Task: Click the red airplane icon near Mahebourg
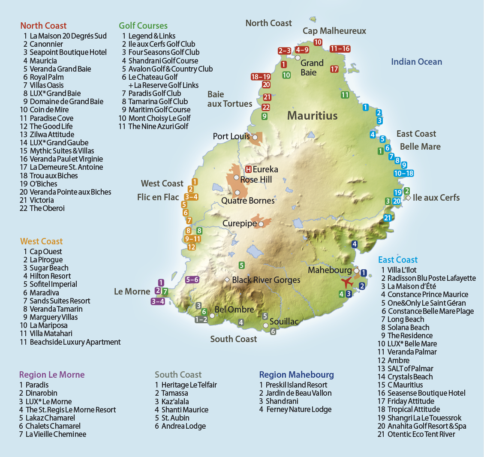(x=347, y=283)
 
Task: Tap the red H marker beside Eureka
(x=248, y=169)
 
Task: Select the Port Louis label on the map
(x=231, y=136)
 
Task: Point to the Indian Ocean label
(x=416, y=62)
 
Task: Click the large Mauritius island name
(x=312, y=116)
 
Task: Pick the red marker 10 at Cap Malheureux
(x=318, y=42)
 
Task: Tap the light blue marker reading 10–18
(x=403, y=173)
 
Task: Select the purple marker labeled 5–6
(x=192, y=280)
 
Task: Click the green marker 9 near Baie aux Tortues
(x=265, y=116)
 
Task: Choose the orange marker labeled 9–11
(x=192, y=239)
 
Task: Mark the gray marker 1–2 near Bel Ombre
(x=201, y=319)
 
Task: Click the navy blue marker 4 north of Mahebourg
(x=354, y=244)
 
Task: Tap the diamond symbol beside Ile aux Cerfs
(x=408, y=198)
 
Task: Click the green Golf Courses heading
(x=143, y=26)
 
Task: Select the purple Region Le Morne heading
(x=52, y=375)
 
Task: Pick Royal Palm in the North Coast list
(x=46, y=77)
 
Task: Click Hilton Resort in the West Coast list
(x=50, y=276)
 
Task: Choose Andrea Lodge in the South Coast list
(x=183, y=426)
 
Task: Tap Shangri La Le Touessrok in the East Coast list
(x=424, y=418)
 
